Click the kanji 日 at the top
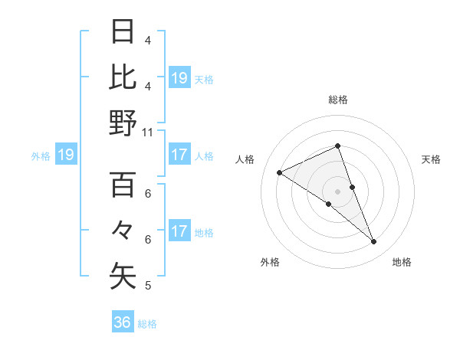click(123, 33)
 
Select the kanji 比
click(123, 77)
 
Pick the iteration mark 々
click(123, 230)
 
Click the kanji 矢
click(123, 275)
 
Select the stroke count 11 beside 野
click(147, 132)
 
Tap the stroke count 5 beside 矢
click(147, 286)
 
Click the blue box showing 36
click(123, 322)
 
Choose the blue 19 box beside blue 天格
click(179, 77)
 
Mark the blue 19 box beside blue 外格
click(65, 155)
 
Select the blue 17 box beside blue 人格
click(179, 155)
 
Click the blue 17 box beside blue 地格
click(179, 231)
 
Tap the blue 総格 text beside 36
click(147, 323)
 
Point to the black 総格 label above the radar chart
click(337, 100)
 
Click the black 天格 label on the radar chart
click(432, 159)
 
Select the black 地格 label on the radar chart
click(402, 262)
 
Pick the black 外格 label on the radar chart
click(270, 262)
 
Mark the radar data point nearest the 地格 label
click(373, 241)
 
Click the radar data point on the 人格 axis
click(280, 172)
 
